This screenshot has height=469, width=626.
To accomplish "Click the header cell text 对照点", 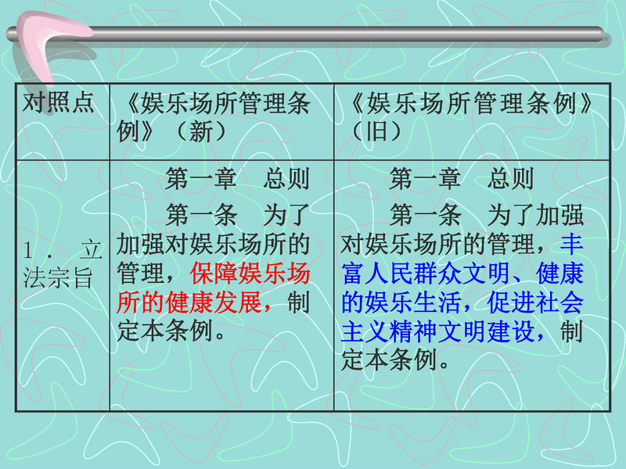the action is [x=58, y=103].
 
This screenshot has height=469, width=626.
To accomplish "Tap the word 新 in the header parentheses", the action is [x=201, y=131].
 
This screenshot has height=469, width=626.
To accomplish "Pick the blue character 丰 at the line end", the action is [x=572, y=244].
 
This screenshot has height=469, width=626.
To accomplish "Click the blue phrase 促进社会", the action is [x=535, y=303].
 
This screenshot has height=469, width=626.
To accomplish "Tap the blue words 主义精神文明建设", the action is [x=438, y=331].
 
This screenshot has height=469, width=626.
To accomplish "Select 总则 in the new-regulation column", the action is [x=286, y=178].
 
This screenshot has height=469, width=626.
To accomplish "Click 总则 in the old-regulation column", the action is [x=510, y=178].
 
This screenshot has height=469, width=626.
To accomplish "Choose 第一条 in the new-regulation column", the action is [x=202, y=215].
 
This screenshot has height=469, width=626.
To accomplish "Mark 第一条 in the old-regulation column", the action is [x=426, y=215].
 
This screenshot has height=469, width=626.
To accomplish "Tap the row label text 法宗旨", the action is [x=58, y=278].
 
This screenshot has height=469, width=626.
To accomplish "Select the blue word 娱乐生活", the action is [x=414, y=303].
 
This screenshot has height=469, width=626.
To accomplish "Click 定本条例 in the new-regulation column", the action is [x=165, y=331].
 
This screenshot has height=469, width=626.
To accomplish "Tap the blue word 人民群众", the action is [x=414, y=274].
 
